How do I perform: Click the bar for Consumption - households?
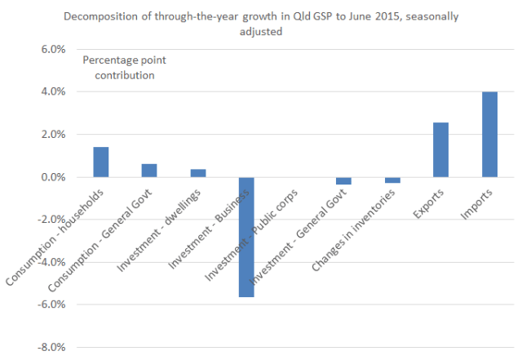click(x=101, y=162)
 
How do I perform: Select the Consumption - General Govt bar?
click(x=149, y=170)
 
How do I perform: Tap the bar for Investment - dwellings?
click(x=198, y=173)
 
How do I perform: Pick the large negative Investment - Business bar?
click(x=246, y=237)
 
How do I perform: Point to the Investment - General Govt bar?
click(x=343, y=180)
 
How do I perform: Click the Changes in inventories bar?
click(x=392, y=180)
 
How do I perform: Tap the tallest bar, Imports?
click(x=489, y=134)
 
